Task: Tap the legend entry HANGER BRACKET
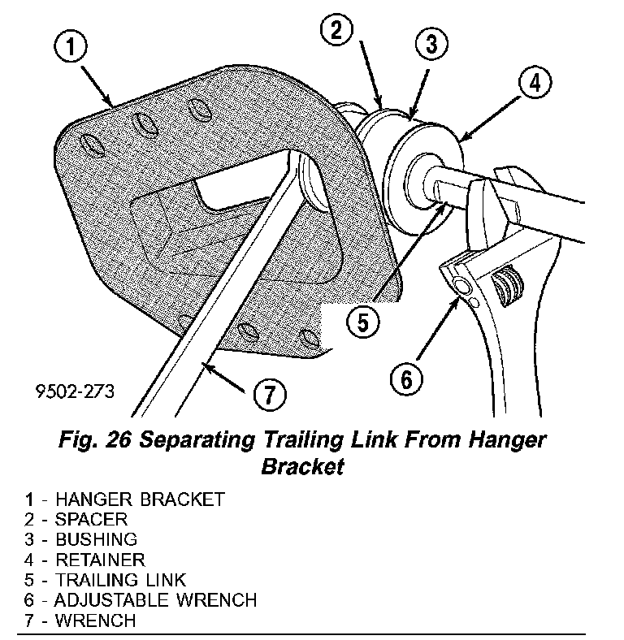coord(138,499)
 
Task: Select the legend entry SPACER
coord(91,519)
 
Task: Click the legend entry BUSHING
coord(96,539)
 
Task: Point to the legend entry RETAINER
coord(99,560)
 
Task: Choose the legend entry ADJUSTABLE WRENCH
coord(154,601)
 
